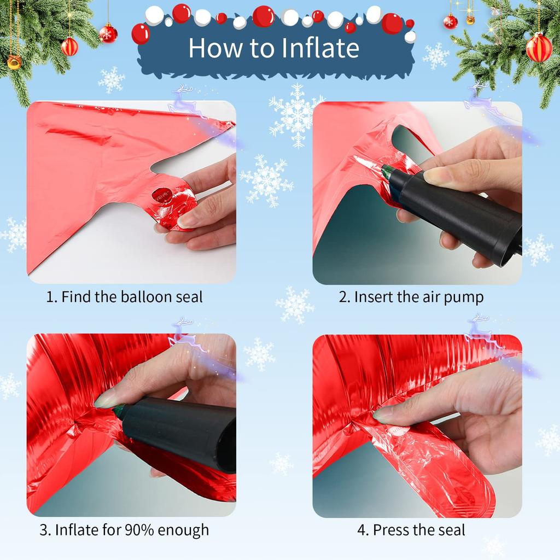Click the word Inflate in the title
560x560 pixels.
[x=317, y=48]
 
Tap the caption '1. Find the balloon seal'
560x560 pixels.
[x=124, y=297]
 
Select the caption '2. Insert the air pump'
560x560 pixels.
[x=411, y=297]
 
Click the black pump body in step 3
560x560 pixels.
[x=180, y=432]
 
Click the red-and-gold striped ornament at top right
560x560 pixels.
[x=539, y=48]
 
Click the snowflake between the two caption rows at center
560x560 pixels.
[x=295, y=305]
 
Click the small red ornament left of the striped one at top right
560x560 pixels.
[x=450, y=21]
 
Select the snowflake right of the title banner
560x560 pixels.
[x=436, y=56]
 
